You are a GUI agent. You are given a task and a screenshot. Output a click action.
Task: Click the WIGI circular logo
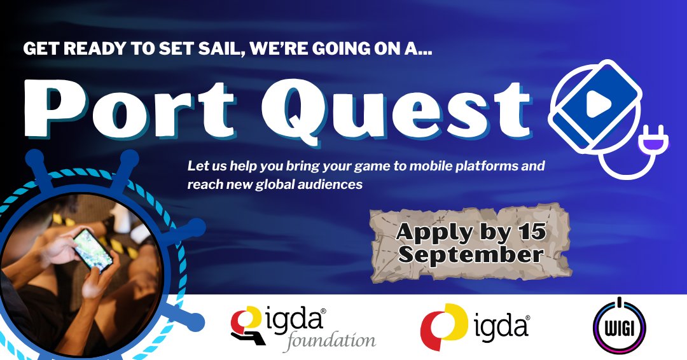(619, 326)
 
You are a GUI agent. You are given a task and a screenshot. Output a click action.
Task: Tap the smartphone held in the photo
(93, 249)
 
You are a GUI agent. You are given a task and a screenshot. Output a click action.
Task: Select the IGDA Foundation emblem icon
(249, 325)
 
